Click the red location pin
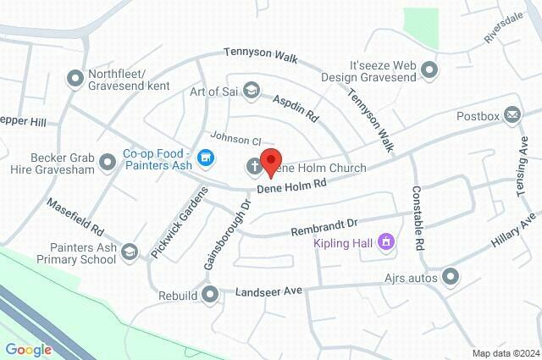(271, 162)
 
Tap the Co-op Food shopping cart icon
(205, 158)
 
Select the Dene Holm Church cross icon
(253, 167)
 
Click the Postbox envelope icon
(512, 115)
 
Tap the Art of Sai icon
(251, 90)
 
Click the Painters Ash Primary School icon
(129, 252)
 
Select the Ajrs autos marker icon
(451, 276)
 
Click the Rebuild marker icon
(212, 295)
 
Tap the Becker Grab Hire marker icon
(107, 161)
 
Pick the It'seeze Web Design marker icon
(430, 69)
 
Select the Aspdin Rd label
(296, 106)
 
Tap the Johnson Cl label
(230, 139)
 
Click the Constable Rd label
(417, 218)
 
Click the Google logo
(28, 349)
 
